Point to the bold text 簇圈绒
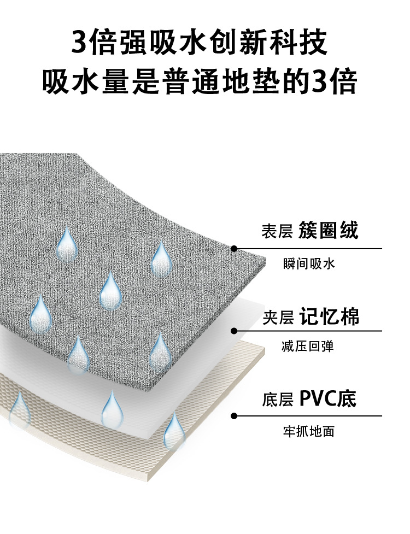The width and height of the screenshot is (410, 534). click(329, 231)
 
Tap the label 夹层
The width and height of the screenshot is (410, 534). click(278, 318)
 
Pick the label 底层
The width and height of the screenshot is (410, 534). click(278, 400)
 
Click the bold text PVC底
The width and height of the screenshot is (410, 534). click(328, 399)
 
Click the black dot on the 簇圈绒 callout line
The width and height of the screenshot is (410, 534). click(234, 249)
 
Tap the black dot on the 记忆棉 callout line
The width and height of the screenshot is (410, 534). click(234, 331)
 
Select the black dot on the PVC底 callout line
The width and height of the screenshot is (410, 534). click(234, 416)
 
